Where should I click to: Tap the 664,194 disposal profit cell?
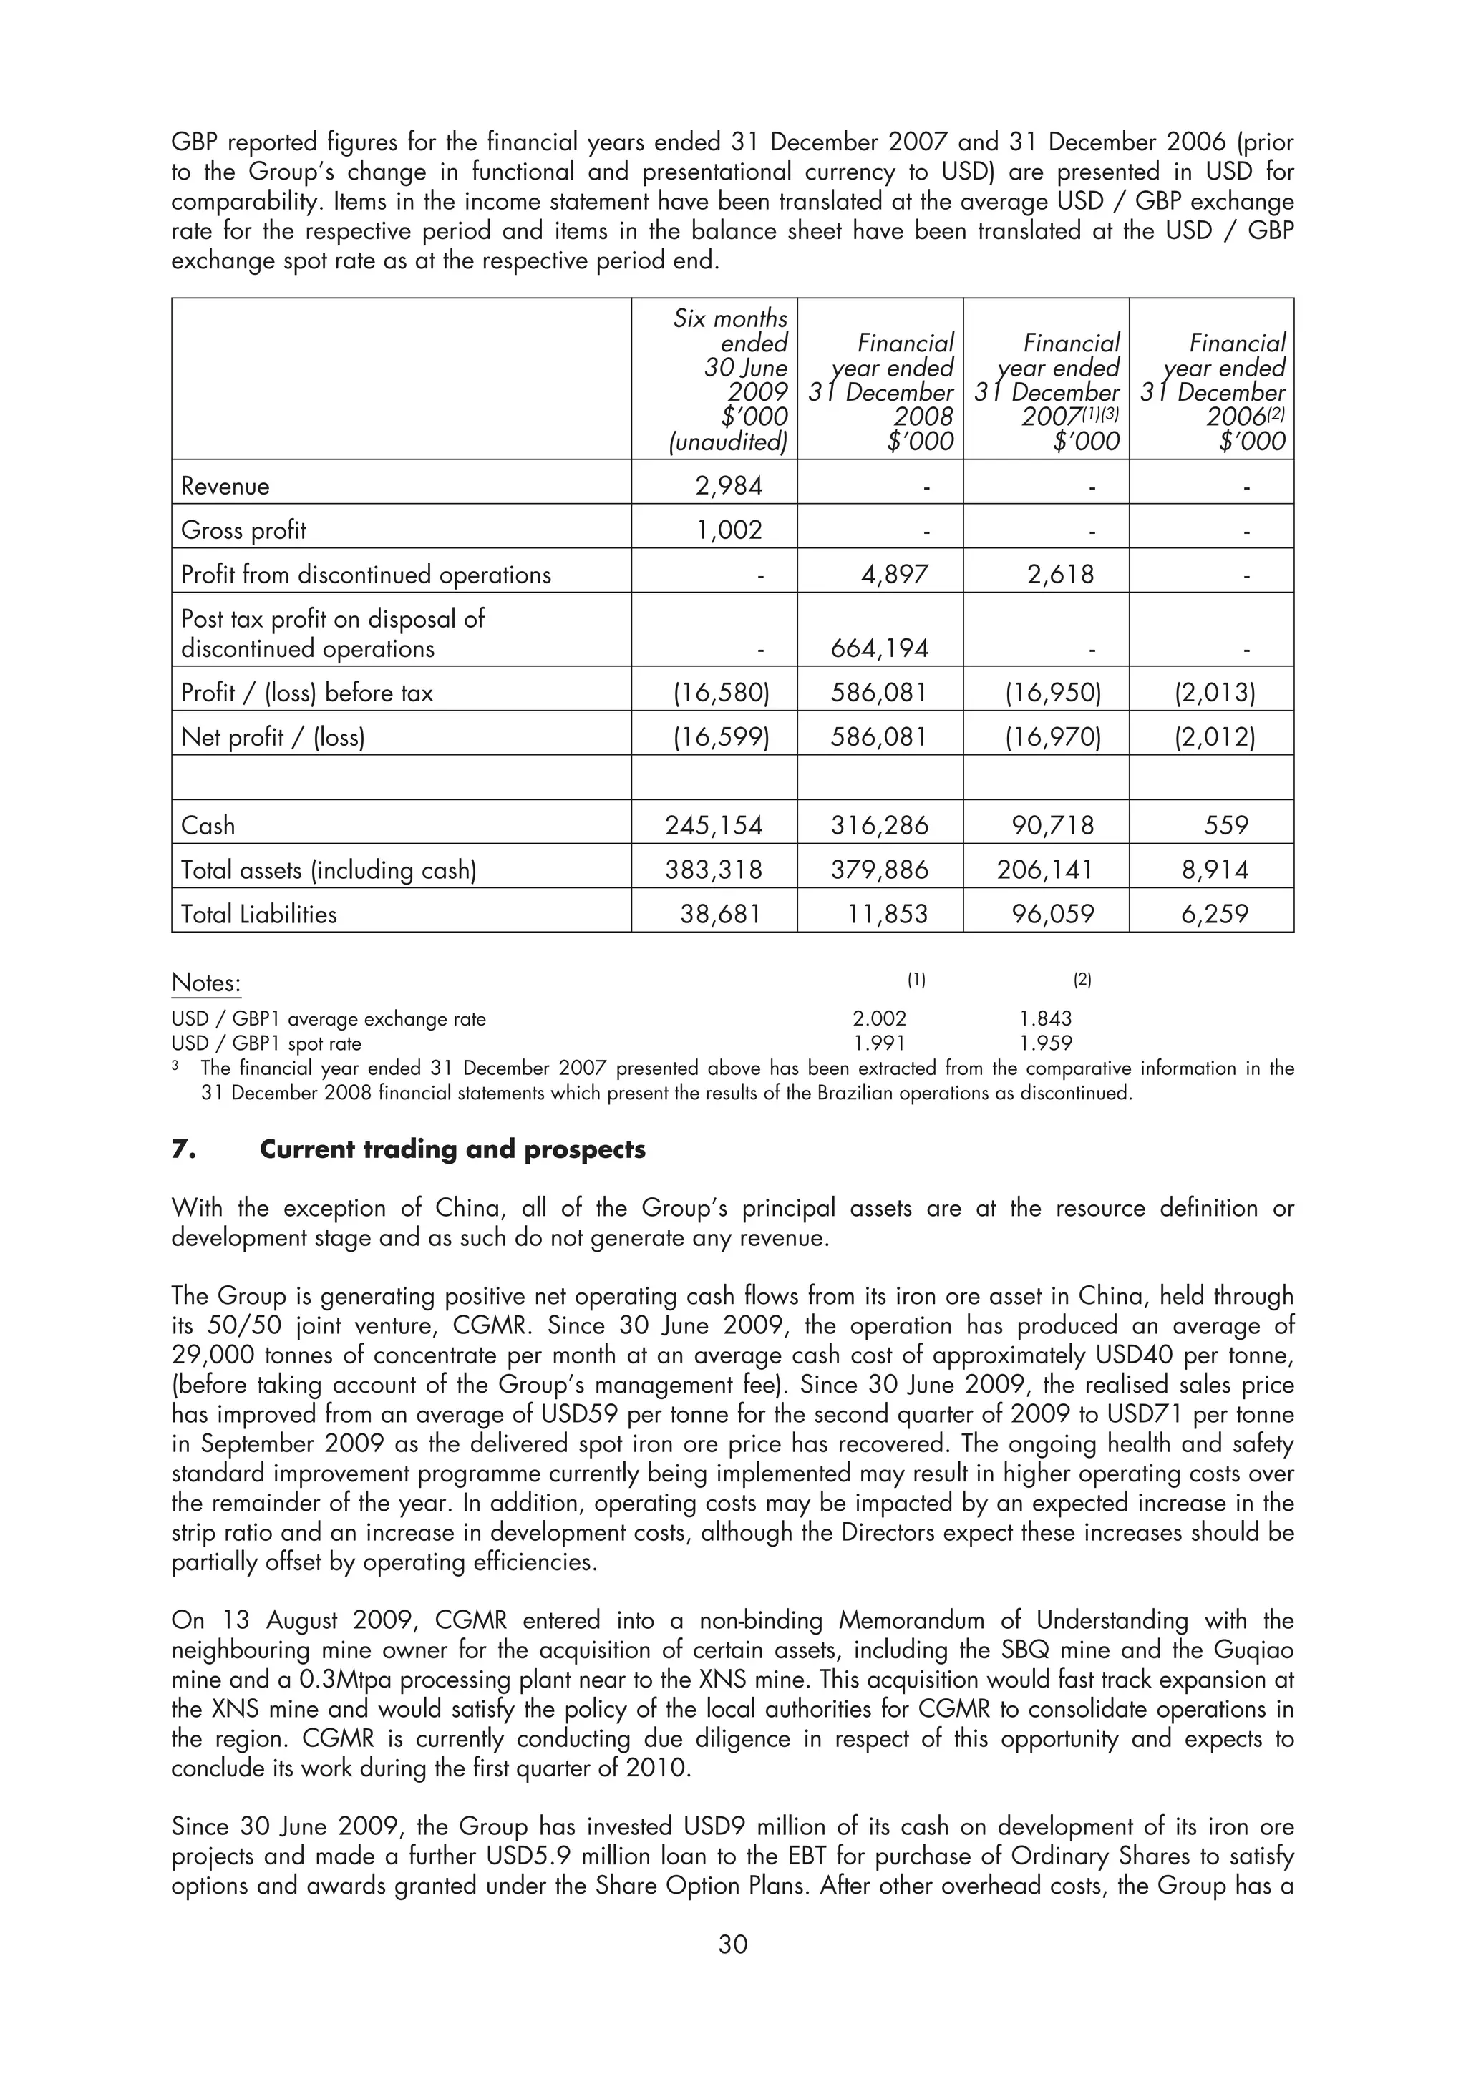click(x=879, y=648)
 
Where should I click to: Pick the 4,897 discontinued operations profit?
click(x=894, y=575)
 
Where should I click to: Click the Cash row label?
click(x=208, y=826)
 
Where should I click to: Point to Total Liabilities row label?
click(x=258, y=914)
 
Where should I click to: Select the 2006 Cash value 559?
click(x=1225, y=826)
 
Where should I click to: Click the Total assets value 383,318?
click(x=714, y=870)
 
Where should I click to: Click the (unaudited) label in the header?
click(x=728, y=442)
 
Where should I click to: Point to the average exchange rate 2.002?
click(x=879, y=1019)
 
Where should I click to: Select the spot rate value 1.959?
click(x=1045, y=1043)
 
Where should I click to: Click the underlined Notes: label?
click(x=206, y=983)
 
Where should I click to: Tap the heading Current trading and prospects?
click(x=452, y=1150)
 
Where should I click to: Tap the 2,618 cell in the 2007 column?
click(x=1060, y=575)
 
